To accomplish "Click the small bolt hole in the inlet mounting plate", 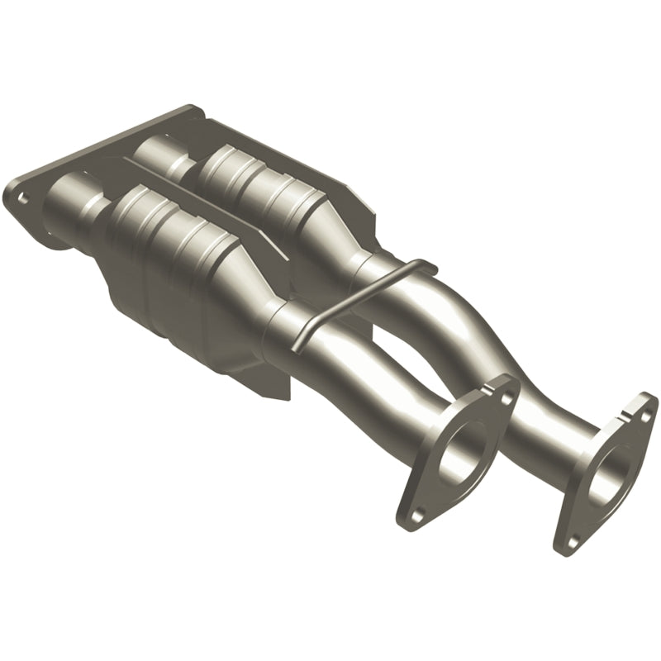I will (22, 197).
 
